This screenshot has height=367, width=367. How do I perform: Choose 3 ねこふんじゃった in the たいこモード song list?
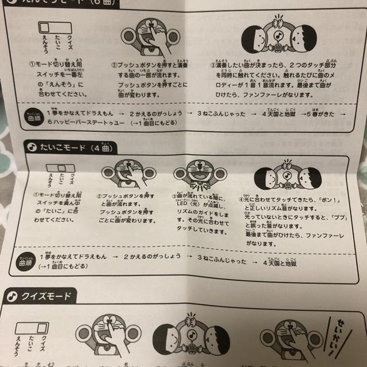tap(220, 261)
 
